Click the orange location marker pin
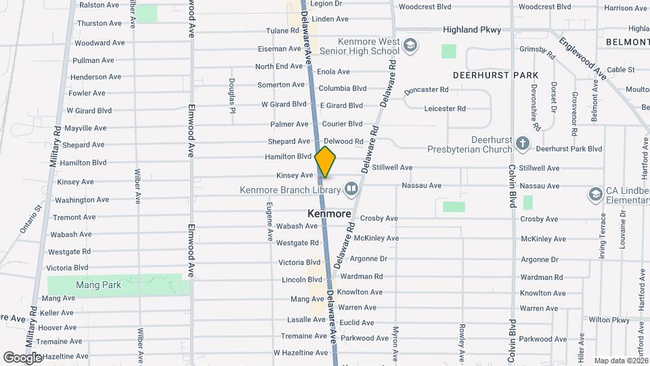point(326,162)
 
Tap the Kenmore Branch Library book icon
point(351,188)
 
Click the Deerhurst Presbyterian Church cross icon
point(522,143)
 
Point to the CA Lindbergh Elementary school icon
point(595,195)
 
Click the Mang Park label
point(99,285)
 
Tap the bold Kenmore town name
point(329,213)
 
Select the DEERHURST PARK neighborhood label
point(496,75)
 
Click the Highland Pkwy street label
point(472,30)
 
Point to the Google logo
point(22,357)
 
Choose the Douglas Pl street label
point(232,96)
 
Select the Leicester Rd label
point(445,108)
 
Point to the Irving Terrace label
point(602,232)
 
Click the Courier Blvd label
point(343,124)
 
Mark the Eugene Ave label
point(269,220)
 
